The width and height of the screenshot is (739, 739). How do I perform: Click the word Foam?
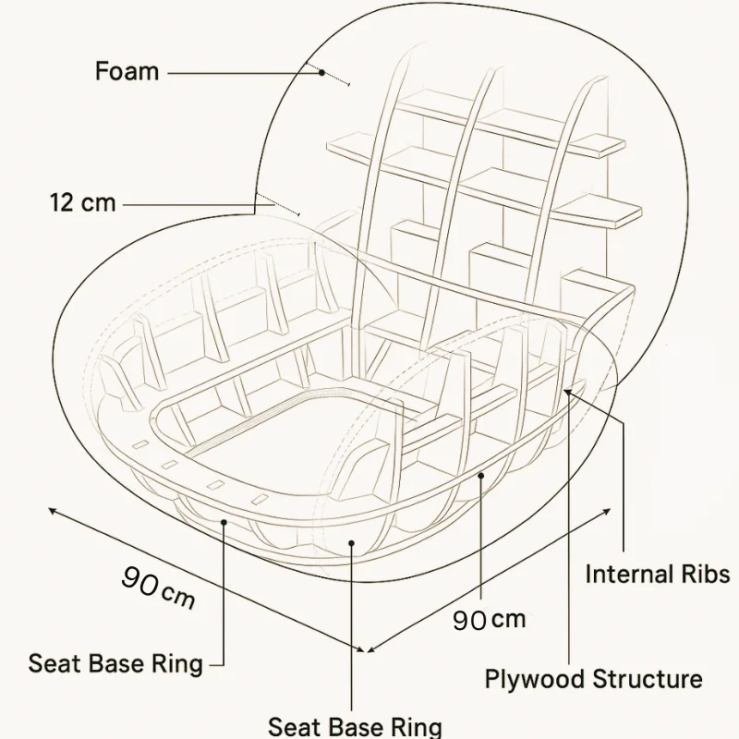click(127, 71)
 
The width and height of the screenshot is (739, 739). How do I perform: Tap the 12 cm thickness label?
click(83, 202)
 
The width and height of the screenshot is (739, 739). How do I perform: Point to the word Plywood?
click(534, 680)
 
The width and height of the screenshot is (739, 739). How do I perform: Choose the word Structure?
click(647, 680)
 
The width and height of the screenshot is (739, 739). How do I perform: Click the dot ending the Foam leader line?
click(321, 72)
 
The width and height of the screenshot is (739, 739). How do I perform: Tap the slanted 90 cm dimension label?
click(158, 588)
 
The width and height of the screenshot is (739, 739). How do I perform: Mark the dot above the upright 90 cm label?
click(481, 477)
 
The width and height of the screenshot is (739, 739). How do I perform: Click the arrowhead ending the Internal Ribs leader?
click(566, 392)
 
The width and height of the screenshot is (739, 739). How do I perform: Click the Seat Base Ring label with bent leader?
click(115, 663)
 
